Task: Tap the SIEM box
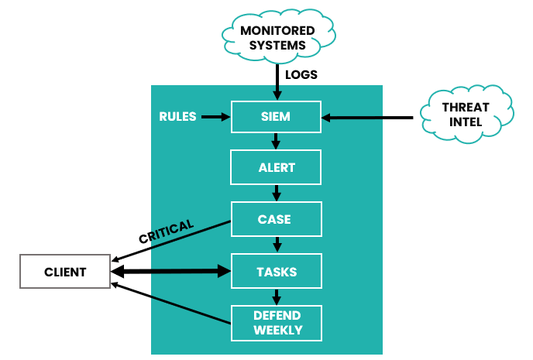tap(276, 117)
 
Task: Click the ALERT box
tap(276, 167)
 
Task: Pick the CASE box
tap(276, 219)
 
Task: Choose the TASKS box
tap(276, 272)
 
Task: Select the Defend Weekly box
tap(276, 323)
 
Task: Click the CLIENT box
tap(65, 272)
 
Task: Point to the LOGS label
tap(301, 75)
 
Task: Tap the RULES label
tap(177, 117)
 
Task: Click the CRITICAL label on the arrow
tap(165, 231)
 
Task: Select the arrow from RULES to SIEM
tap(216, 117)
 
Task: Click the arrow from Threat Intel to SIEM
tap(368, 118)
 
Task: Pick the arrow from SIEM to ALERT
tap(276, 141)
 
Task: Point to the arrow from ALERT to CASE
tap(276, 193)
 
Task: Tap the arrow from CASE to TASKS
tap(276, 245)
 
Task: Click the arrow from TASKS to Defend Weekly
tap(276, 297)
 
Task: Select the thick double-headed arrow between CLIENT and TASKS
tap(170, 272)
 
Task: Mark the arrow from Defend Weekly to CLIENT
tap(170, 303)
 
